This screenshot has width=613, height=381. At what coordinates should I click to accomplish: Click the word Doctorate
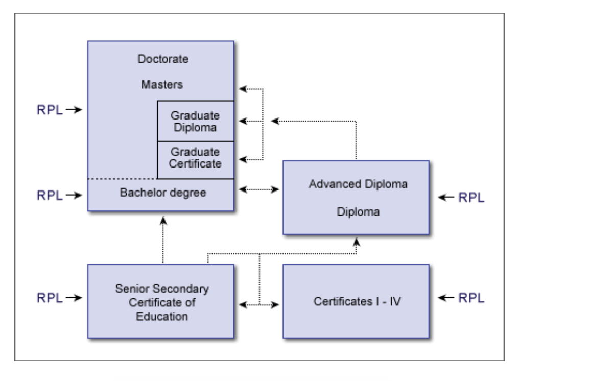[x=163, y=59]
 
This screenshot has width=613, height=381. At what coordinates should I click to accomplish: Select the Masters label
[x=162, y=84]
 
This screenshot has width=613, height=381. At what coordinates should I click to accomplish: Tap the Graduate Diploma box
[x=195, y=122]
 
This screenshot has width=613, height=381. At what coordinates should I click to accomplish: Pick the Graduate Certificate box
[x=195, y=158]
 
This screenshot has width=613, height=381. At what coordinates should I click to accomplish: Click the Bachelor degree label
[x=163, y=193]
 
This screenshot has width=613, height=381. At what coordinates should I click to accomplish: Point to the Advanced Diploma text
[x=358, y=184]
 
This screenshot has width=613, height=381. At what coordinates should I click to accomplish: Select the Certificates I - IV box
[x=357, y=301]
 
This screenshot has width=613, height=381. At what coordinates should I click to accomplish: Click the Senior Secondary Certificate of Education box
[x=161, y=302]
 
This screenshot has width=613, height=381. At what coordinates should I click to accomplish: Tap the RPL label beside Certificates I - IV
[x=471, y=298]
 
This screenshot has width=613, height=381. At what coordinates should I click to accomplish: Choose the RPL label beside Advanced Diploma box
[x=471, y=198]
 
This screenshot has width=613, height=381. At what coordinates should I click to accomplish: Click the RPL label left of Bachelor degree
[x=50, y=195]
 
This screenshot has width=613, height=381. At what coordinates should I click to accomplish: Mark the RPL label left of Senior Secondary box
[x=50, y=298]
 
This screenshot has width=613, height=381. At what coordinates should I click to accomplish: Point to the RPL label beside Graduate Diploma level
[x=50, y=110]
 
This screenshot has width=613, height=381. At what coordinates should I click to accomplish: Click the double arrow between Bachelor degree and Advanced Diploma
[x=260, y=190]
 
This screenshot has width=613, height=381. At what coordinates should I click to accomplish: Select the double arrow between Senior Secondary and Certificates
[x=260, y=305]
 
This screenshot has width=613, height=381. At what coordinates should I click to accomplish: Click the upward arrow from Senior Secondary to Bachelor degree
[x=163, y=240]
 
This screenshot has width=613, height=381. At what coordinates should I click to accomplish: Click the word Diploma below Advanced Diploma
[x=358, y=211]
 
